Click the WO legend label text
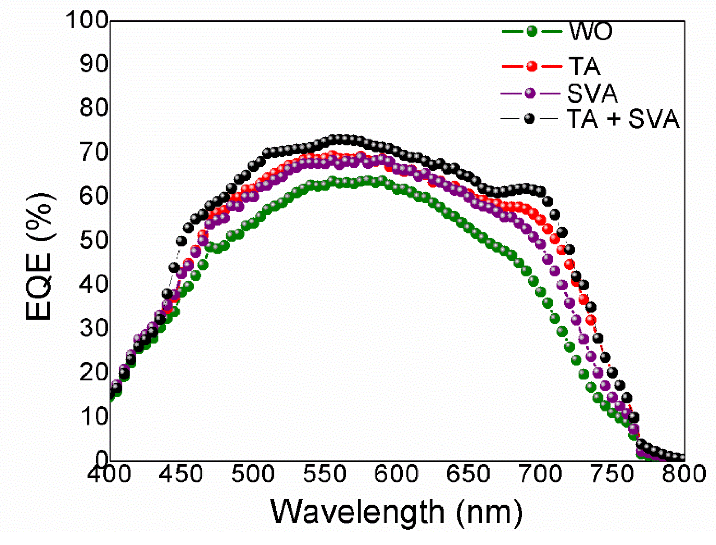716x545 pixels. [x=590, y=31]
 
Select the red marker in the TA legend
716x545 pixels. [x=532, y=66]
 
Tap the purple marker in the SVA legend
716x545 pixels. [x=531, y=93]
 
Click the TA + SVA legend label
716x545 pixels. [x=623, y=119]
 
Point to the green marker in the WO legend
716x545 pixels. [x=532, y=31]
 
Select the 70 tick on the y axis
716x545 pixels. [x=94, y=152]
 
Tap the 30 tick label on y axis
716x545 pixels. [x=94, y=328]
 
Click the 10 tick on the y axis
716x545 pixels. [x=94, y=416]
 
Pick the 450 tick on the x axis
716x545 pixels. [x=181, y=474]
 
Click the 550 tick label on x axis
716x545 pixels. [x=325, y=474]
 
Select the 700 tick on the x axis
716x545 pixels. [x=540, y=474]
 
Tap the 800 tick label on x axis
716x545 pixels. [x=684, y=474]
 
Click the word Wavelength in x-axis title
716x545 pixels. [x=358, y=512]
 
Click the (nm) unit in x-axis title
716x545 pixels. [x=489, y=512]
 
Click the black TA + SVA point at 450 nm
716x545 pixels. [x=181, y=241]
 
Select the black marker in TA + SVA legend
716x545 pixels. [x=529, y=119]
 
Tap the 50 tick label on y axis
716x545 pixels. [x=94, y=240]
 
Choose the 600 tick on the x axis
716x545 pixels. [x=396, y=474]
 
